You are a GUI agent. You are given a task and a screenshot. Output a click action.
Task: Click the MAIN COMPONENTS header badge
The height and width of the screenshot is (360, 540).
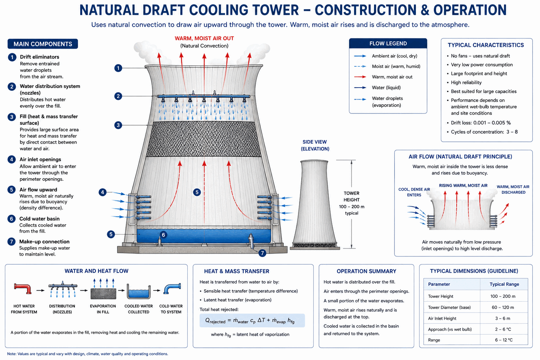pos(43,44)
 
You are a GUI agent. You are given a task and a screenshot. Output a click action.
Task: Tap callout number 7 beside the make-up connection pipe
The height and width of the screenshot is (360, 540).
pos(262,253)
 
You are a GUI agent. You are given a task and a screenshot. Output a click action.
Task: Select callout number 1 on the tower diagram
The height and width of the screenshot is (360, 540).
pos(118,68)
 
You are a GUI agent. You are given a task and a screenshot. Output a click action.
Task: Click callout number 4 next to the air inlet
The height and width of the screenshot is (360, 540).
pos(103,192)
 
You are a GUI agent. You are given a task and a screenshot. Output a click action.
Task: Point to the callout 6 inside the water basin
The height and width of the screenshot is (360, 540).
pos(163,234)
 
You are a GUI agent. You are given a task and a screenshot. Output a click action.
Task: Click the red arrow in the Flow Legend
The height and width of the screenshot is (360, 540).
pos(360,77)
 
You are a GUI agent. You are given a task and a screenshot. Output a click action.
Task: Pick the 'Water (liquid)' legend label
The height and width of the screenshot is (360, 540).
pos(386,88)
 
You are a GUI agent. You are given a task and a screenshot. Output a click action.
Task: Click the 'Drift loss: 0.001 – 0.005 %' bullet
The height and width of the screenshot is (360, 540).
pos(481,123)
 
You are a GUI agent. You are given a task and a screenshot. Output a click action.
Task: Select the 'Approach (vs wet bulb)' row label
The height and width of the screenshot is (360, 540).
pos(450,329)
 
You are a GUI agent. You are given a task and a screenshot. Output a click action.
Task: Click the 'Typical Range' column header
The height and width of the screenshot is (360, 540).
pos(504,284)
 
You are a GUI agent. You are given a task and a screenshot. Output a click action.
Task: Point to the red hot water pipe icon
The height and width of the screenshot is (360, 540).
pos(23,288)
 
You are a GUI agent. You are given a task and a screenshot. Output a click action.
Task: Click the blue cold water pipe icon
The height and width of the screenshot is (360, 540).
pos(172,288)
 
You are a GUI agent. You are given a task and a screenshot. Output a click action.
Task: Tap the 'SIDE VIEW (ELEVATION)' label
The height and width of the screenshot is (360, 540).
pos(315,146)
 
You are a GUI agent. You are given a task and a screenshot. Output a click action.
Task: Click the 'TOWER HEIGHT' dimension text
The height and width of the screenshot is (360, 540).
pos(352,197)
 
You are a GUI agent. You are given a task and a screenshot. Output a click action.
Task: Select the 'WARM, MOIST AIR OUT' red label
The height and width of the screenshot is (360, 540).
pos(204,38)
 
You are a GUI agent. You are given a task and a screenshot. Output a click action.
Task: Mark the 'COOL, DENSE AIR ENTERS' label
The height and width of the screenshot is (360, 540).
pos(414,192)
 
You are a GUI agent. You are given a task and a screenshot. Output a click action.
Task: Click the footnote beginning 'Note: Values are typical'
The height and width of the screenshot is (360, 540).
pos(88,354)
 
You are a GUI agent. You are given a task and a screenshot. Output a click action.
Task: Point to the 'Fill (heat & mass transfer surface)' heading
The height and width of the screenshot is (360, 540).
pos(49,120)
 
